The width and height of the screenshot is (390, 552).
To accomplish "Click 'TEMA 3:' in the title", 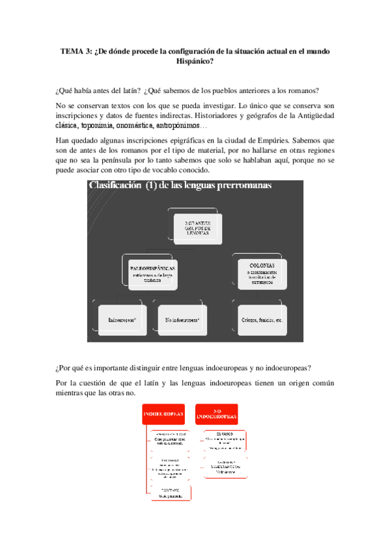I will (76, 51).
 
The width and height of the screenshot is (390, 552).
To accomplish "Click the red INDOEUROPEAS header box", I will (163, 415).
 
